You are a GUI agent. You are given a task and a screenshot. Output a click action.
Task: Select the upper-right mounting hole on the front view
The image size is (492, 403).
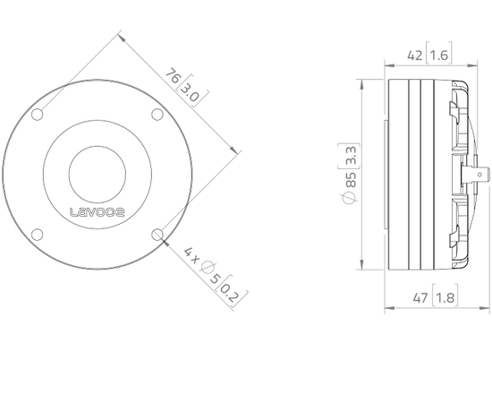[x=157, y=114]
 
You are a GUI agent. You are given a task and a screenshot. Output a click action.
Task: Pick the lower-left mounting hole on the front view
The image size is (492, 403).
[x=38, y=235]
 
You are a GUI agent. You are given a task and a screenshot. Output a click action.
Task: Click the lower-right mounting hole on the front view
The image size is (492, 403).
[x=157, y=234]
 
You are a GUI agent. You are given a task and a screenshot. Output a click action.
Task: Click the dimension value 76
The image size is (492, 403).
[x=173, y=77]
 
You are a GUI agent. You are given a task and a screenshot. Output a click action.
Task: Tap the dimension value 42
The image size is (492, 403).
[x=414, y=56]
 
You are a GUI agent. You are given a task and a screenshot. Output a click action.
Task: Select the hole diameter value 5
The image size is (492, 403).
[x=215, y=279]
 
